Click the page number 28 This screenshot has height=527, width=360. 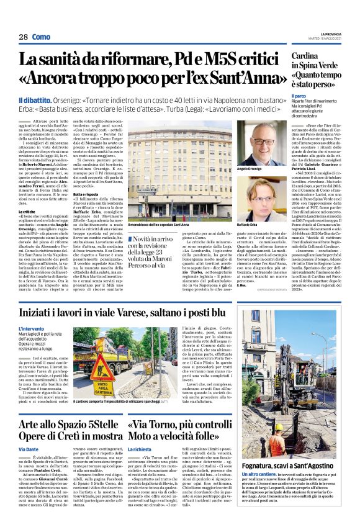pos(23,37)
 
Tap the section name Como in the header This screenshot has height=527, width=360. pos(42,37)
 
